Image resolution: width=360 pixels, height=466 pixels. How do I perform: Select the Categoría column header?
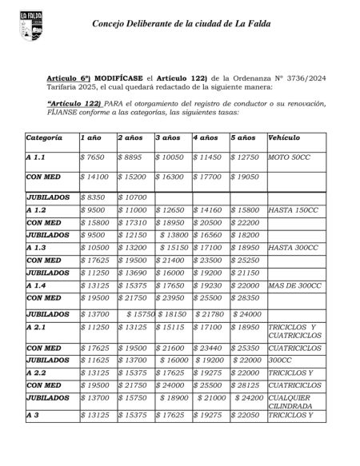[44, 139]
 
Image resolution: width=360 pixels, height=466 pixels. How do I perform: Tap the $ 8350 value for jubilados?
[94, 196]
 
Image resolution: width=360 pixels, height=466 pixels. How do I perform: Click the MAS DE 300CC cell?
[297, 285]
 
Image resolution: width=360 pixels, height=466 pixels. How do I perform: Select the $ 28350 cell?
[247, 298]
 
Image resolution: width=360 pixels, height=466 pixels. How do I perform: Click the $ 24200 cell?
[249, 396]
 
